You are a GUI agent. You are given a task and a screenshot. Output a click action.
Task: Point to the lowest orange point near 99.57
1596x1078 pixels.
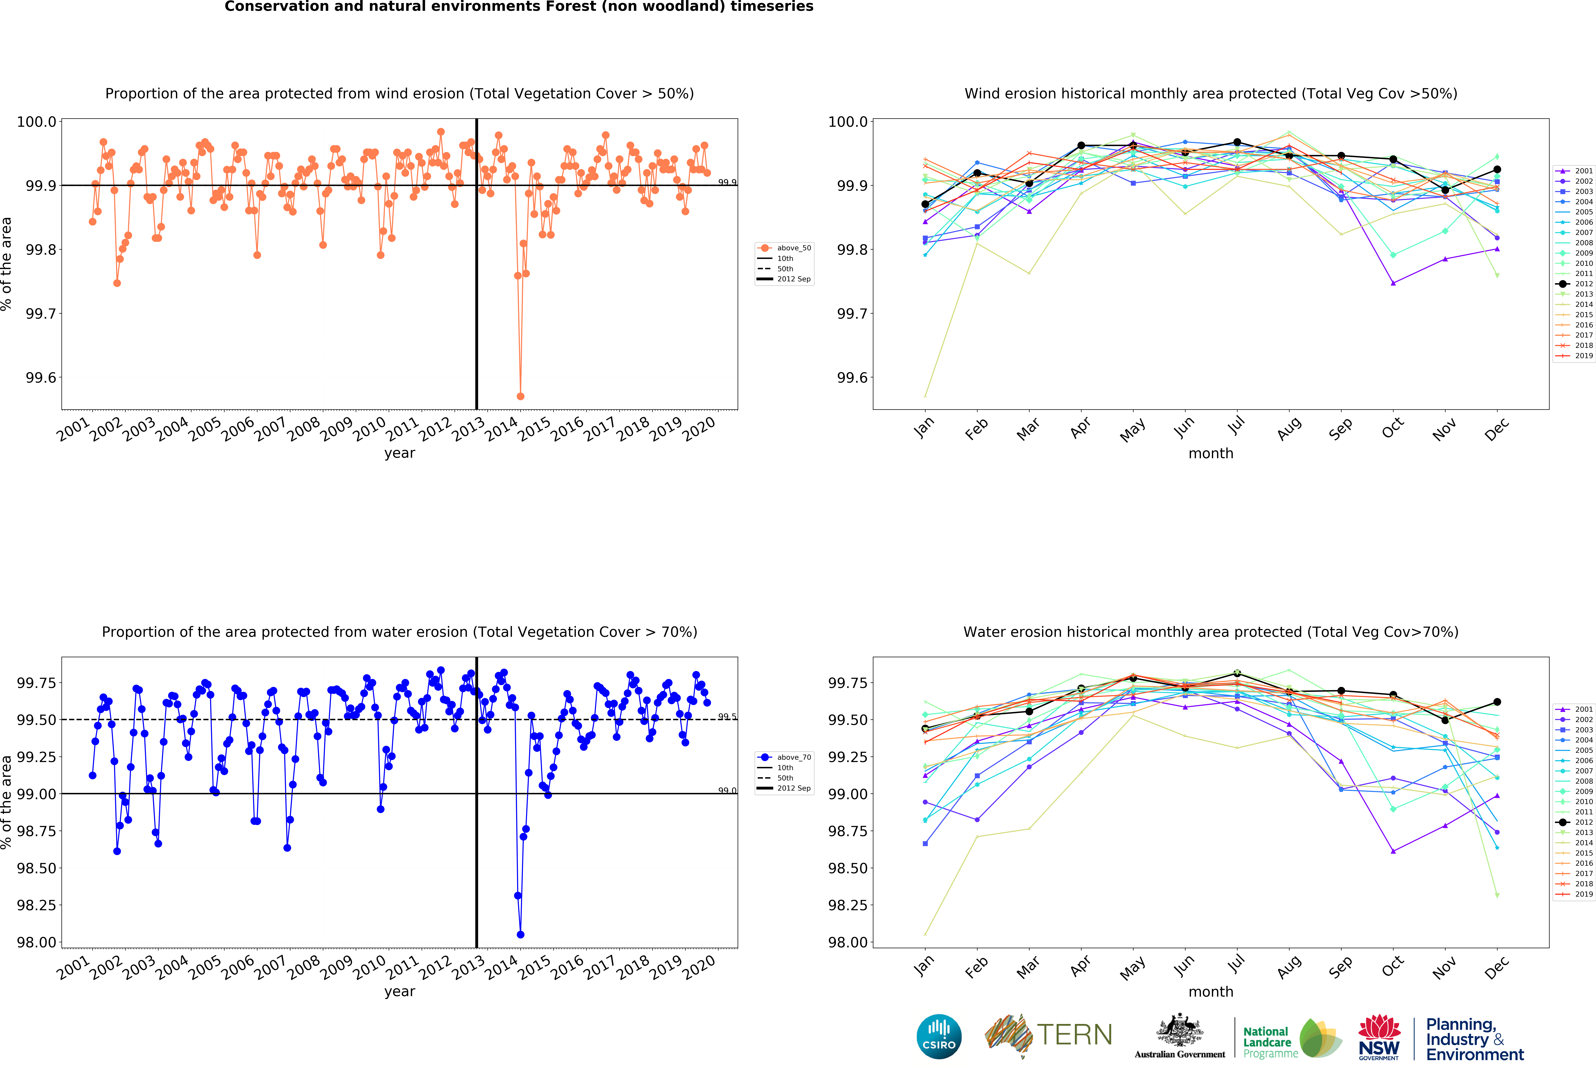coord(521,396)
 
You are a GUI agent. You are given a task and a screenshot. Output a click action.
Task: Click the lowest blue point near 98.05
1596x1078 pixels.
coord(521,935)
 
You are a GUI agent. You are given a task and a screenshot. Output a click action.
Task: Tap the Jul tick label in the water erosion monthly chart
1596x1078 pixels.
coord(1236,965)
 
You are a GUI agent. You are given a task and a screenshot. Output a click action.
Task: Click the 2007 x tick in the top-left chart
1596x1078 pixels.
coord(271,429)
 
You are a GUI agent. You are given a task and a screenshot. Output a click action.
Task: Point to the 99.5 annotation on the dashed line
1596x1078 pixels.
coord(726,717)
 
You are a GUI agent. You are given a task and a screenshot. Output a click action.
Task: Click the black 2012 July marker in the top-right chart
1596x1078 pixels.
coord(1237,142)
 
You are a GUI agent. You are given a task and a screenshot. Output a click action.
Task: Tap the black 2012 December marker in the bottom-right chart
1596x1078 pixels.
coord(1497,702)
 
